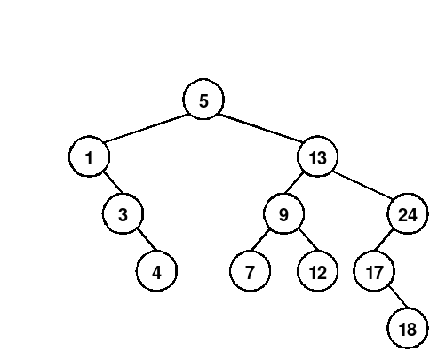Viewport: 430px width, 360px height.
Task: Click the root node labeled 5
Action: point(203,100)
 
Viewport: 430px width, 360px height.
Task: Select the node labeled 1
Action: point(89,156)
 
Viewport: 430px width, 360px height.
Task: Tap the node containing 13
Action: point(317,156)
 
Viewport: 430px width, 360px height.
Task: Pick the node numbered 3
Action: point(123,213)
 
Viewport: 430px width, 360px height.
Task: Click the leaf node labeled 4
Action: point(156,271)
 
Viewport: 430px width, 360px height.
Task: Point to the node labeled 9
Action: point(283,213)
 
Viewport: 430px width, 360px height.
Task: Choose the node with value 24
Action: point(408,213)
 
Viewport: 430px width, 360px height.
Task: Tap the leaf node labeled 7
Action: point(250,271)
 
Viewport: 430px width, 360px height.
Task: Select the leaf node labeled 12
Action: point(317,271)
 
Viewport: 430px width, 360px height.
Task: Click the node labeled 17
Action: point(374,271)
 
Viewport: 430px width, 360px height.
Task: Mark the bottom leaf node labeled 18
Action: point(408,328)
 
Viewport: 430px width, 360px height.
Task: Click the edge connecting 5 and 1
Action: point(147,128)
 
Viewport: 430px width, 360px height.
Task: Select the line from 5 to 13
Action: point(260,128)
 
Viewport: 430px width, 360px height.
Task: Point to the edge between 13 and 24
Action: point(362,185)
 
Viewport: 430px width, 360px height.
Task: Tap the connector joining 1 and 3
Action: point(113,182)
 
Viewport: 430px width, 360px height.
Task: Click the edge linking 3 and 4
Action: point(147,239)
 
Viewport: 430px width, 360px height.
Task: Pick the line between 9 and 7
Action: point(260,239)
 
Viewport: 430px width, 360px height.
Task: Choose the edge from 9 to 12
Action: point(308,239)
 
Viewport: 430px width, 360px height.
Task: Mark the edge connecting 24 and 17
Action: point(385,239)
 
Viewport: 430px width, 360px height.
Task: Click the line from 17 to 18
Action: point(398,297)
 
